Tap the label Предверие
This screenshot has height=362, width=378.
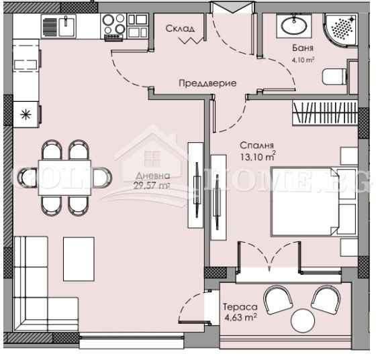point(207,83)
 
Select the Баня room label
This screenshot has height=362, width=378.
point(301,49)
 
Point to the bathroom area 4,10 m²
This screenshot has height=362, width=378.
point(303,60)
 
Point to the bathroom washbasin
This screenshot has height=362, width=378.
point(293,27)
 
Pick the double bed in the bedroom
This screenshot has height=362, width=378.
point(305,201)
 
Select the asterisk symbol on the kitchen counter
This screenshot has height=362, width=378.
point(27,113)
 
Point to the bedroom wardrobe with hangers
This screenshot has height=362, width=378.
point(326,111)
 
